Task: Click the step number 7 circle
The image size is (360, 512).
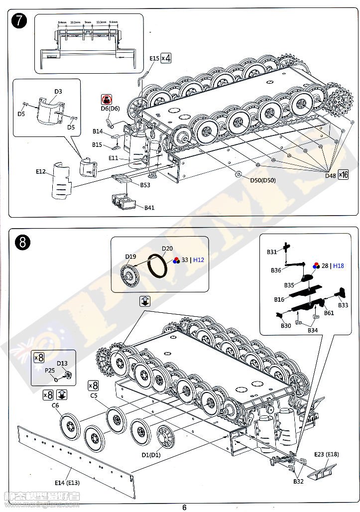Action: [x=19, y=22]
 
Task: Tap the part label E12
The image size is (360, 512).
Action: [x=41, y=171]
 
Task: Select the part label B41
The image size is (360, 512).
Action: [x=149, y=207]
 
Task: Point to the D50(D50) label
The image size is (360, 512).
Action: [x=262, y=180]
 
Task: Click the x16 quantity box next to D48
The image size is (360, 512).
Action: [x=343, y=174]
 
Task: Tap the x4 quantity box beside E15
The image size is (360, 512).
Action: [x=166, y=58]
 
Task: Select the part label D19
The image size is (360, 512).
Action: [x=130, y=256]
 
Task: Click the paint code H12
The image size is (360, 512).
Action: [x=199, y=260]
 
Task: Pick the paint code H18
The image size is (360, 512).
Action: [x=338, y=266]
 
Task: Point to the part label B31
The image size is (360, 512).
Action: [x=271, y=252]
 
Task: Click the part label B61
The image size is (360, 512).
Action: [x=329, y=313]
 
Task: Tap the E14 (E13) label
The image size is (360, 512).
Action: [x=67, y=483]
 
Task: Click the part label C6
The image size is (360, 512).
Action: [x=55, y=405]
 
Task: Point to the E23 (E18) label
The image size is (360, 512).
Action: [x=326, y=454]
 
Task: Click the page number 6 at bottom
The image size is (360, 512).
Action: [x=184, y=508]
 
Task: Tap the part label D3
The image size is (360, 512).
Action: [x=58, y=91]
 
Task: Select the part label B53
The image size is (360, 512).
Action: [x=145, y=185]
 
